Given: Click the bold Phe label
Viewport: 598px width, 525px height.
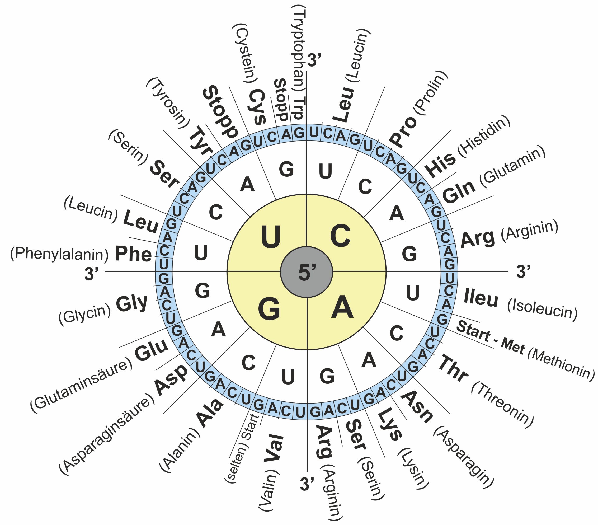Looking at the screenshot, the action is pyautogui.click(x=133, y=254).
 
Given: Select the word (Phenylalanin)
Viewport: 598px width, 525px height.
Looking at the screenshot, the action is pyautogui.click(x=59, y=254).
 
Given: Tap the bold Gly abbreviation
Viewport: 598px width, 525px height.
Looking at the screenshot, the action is pyautogui.click(x=132, y=303).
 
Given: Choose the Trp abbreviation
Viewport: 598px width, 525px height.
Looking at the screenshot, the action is pyautogui.click(x=299, y=108).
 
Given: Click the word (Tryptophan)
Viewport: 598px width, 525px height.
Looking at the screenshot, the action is pyautogui.click(x=298, y=48).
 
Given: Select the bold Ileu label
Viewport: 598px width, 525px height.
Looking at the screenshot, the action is pyautogui.click(x=481, y=298).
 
